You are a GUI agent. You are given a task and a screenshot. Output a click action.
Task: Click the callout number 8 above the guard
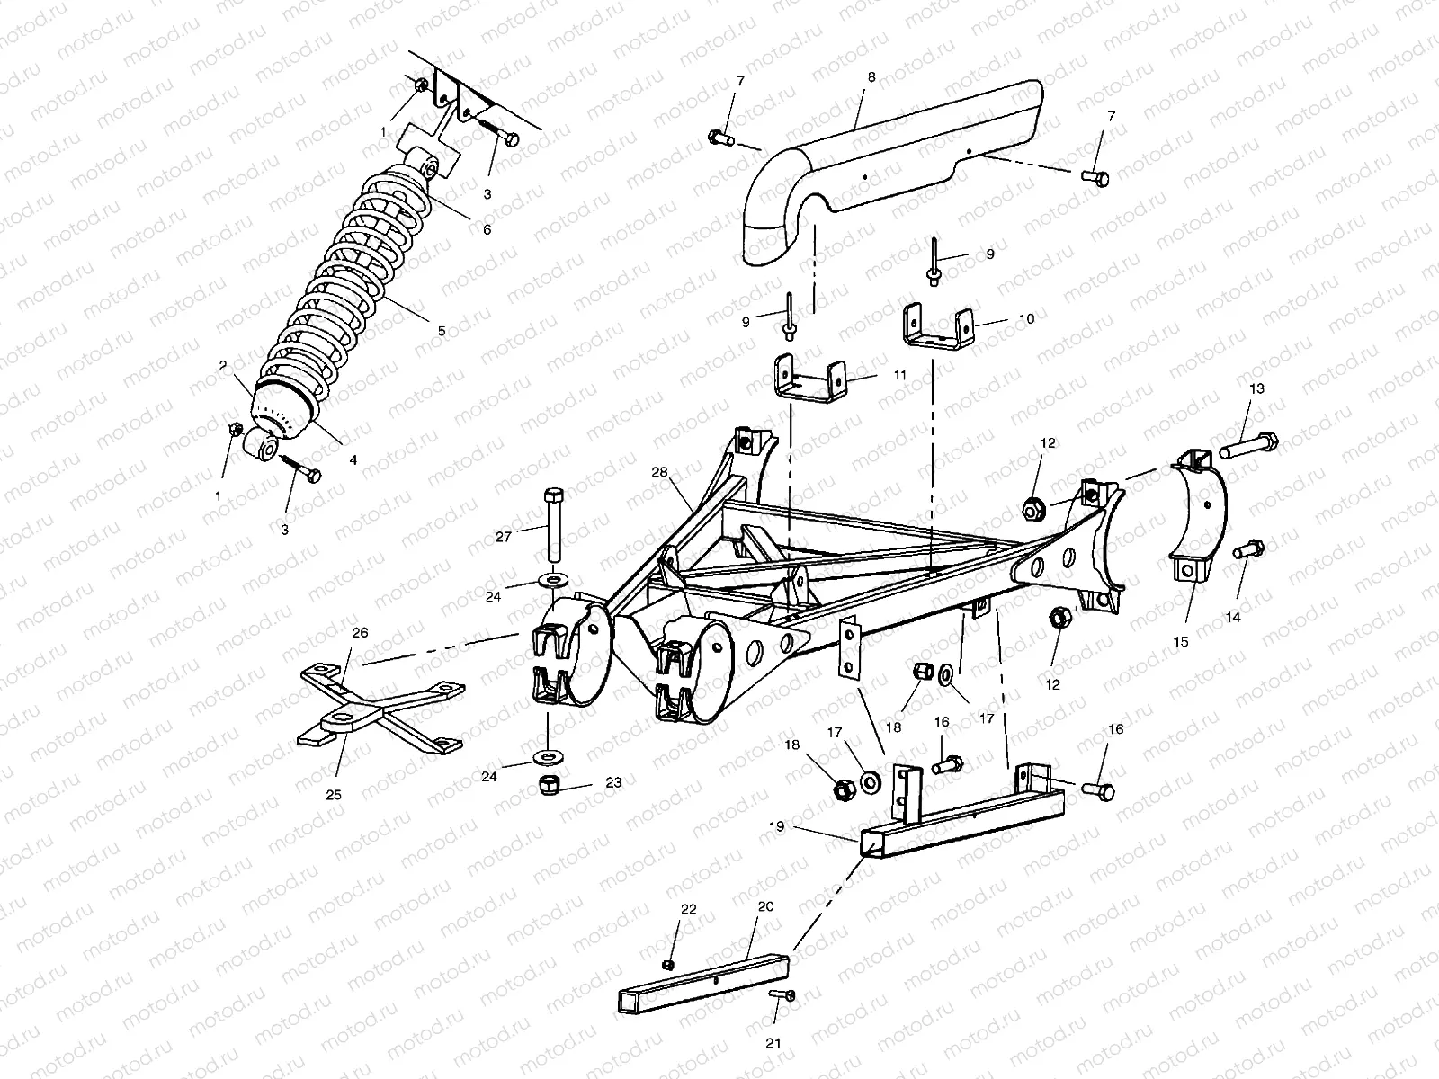pos(871,77)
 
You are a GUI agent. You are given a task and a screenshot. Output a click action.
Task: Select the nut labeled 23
pos(546,784)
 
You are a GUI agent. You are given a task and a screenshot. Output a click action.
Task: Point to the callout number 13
pos(1256,388)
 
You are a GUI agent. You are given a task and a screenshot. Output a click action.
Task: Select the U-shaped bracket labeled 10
pos(938,330)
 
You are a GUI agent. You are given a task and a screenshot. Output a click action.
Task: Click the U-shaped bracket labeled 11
pos(810,379)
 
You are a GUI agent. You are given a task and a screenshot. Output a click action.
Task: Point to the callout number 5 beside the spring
pos(442,331)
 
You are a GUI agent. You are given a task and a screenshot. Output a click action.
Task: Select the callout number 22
pos(688,910)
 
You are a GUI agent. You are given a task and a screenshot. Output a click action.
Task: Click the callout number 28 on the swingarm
pos(660,471)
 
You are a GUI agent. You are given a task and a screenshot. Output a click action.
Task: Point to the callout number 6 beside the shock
pos(487,229)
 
